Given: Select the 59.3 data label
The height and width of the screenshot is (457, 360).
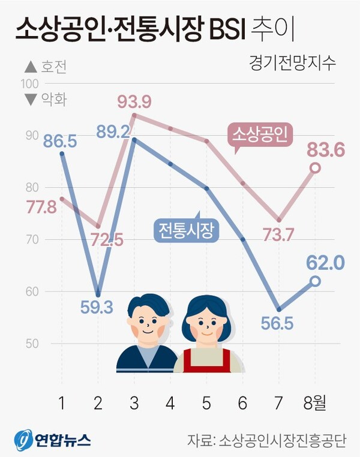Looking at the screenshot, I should (97, 308).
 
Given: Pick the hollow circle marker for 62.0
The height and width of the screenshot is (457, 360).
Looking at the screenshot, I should (315, 281).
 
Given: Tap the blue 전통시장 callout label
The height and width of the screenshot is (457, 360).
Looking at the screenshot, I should (186, 230).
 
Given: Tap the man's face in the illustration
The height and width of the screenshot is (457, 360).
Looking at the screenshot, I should (146, 326).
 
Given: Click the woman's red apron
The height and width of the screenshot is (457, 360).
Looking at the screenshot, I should (207, 360).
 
